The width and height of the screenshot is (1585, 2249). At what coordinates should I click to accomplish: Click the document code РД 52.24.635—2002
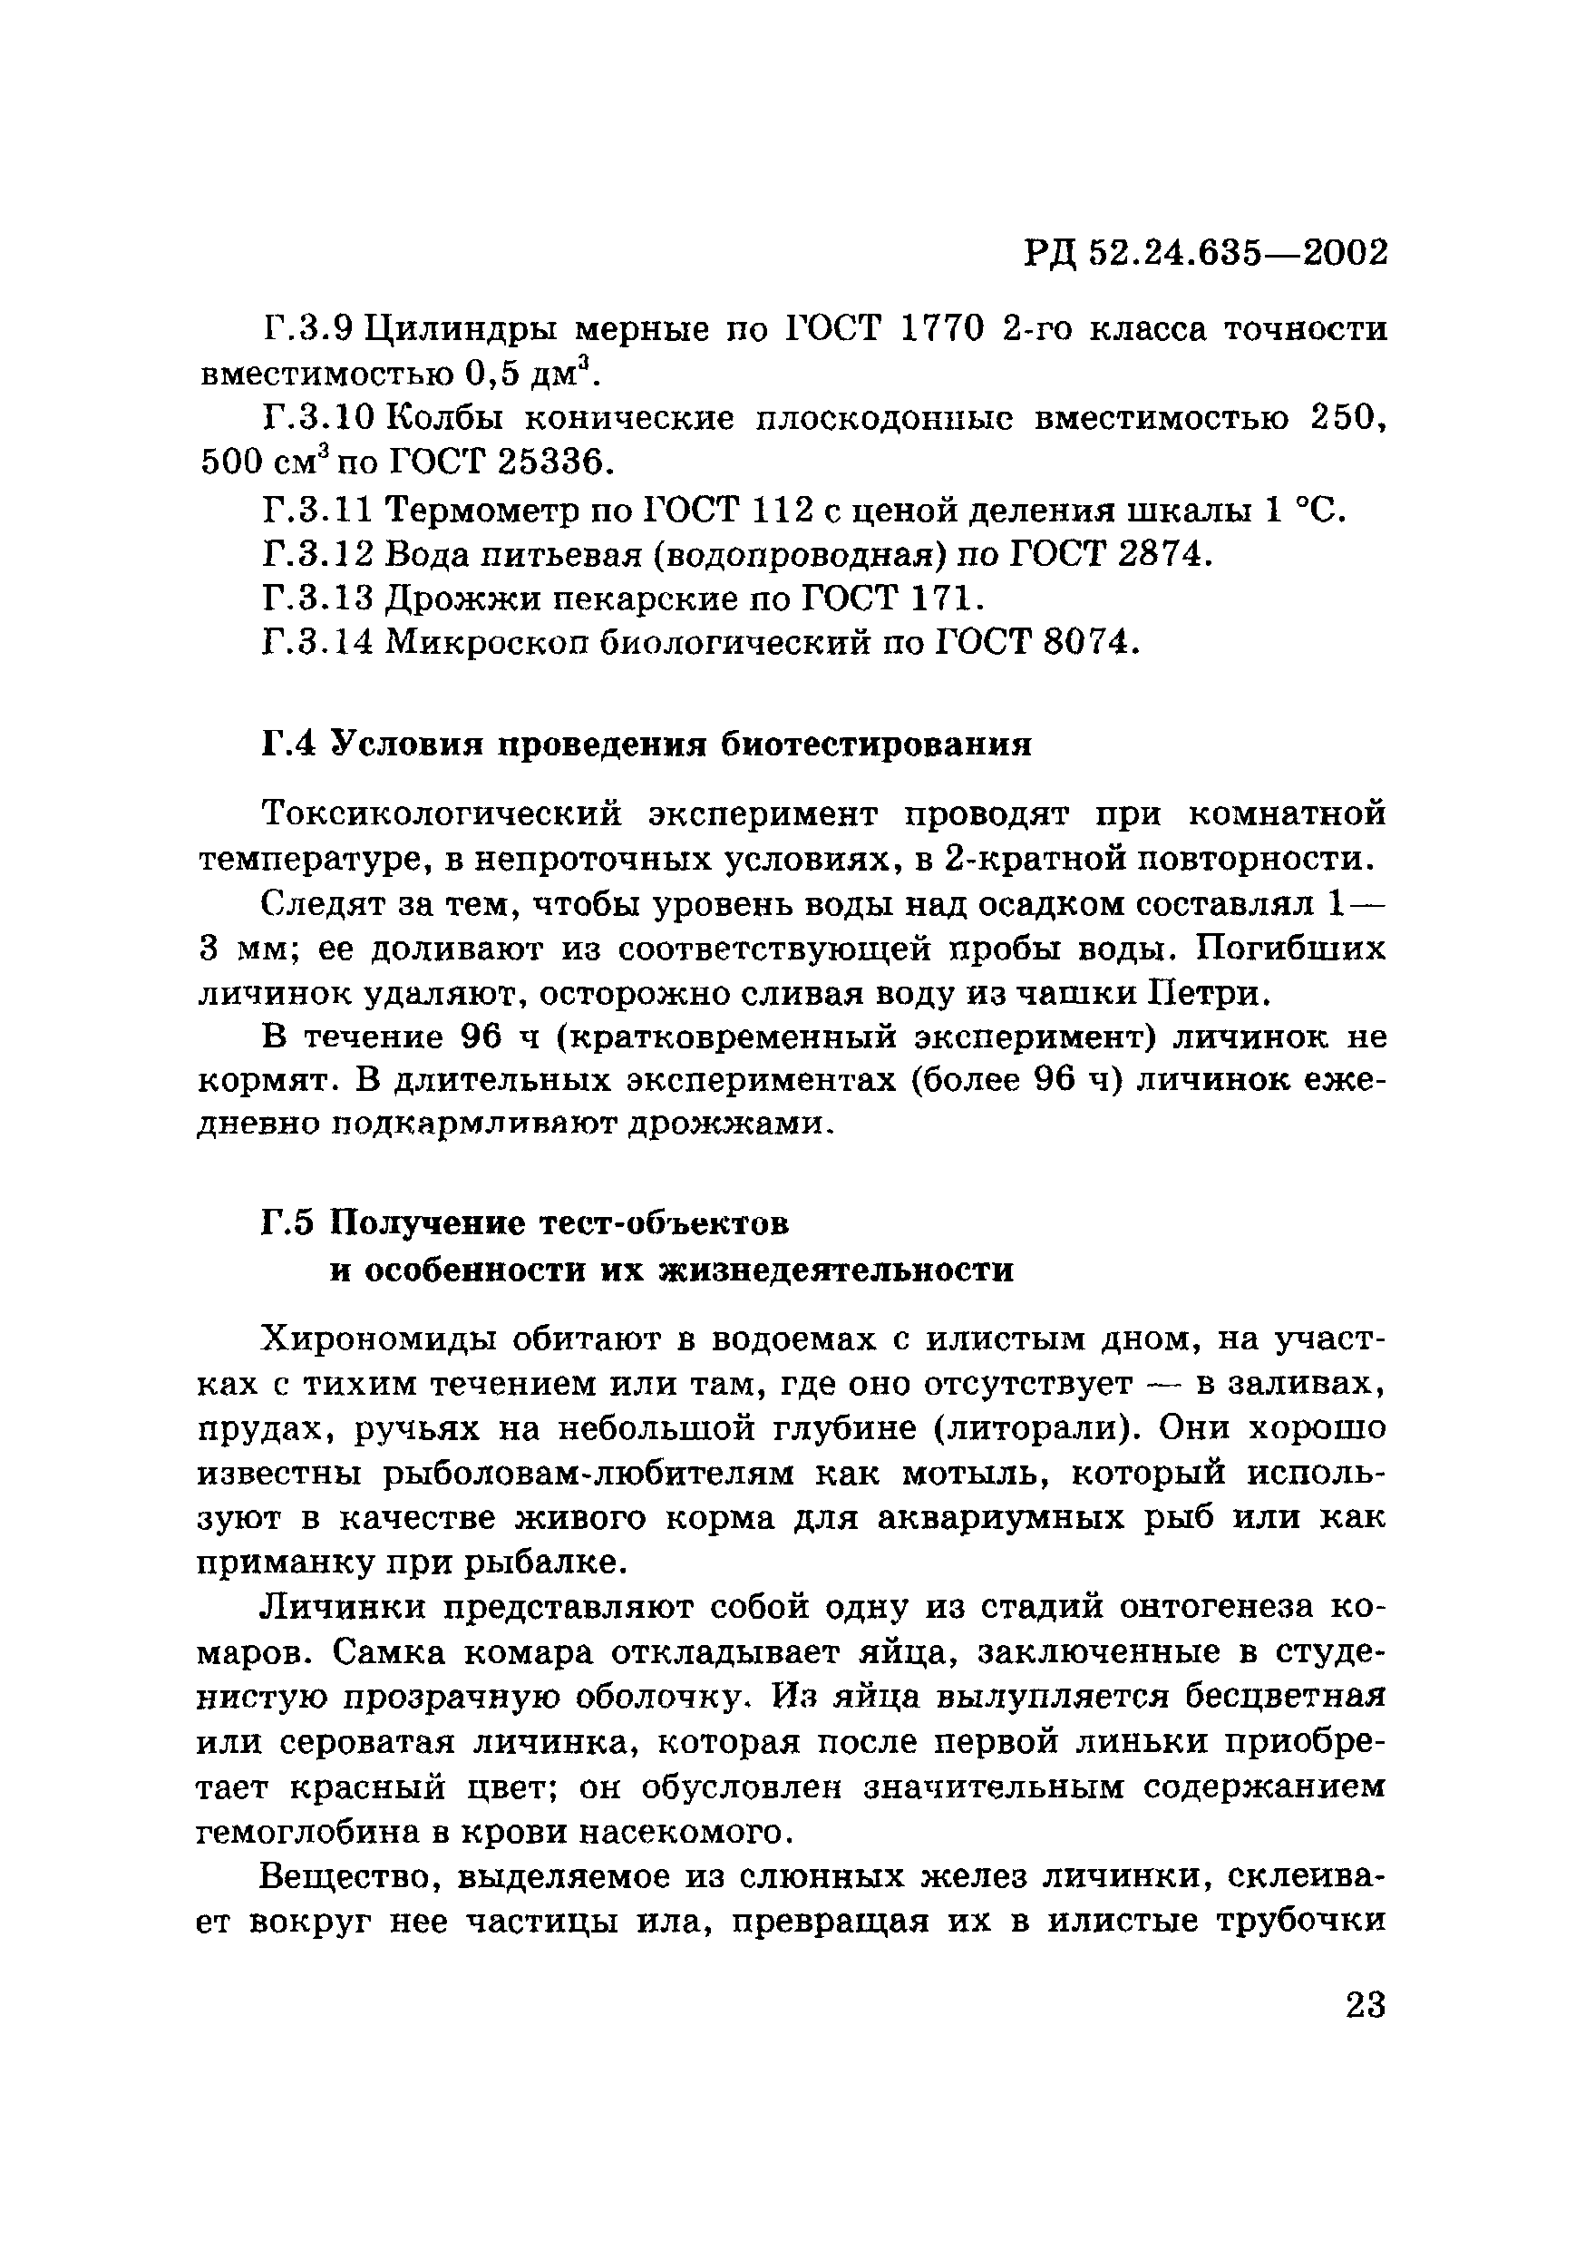[1206, 255]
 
